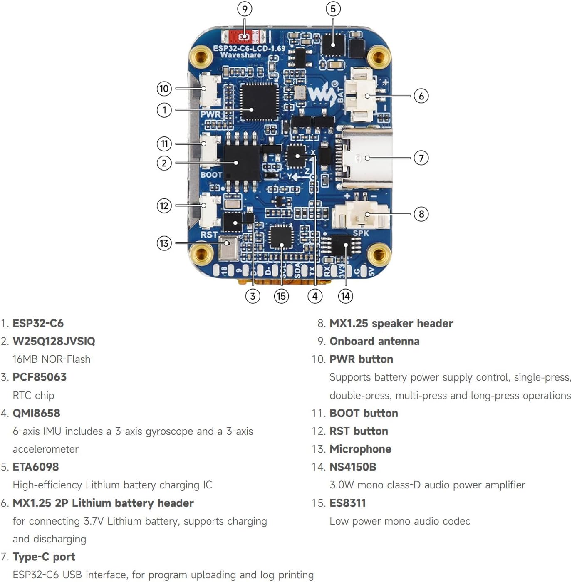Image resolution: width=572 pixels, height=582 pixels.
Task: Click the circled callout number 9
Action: (245, 9)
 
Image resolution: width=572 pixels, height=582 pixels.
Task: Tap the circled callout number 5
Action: (333, 9)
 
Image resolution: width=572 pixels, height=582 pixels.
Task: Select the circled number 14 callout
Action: (345, 296)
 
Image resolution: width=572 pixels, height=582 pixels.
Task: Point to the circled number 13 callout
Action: (164, 243)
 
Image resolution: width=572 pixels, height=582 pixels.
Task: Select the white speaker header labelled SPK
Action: (360, 214)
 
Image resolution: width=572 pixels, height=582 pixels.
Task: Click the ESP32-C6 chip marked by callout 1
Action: (259, 102)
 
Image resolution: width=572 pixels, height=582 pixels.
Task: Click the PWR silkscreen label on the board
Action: (210, 114)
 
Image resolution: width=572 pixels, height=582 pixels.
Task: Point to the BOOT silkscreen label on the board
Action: (211, 175)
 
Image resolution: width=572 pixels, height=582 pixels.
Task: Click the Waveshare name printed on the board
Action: (240, 55)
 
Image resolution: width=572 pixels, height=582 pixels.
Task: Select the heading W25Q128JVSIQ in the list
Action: (54, 341)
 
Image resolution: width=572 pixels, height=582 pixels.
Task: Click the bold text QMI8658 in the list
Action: (37, 413)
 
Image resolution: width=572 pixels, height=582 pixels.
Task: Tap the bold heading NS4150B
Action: (353, 467)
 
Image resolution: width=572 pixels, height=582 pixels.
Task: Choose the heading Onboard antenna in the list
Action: (374, 341)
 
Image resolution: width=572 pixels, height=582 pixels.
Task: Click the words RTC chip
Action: (33, 395)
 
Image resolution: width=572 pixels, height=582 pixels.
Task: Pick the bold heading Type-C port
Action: (44, 557)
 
